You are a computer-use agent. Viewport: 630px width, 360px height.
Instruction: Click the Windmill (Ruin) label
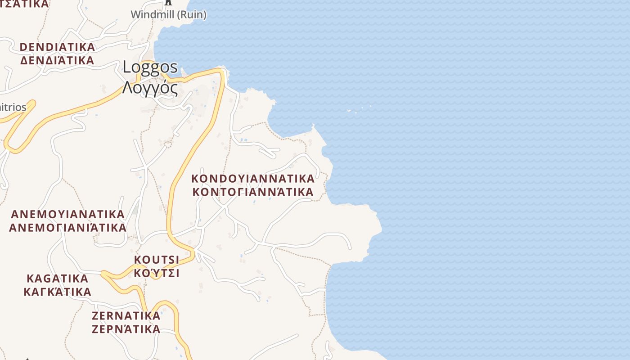168,14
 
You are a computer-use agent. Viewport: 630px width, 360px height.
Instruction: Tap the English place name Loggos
150,67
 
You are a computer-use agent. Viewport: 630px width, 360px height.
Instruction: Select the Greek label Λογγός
150,88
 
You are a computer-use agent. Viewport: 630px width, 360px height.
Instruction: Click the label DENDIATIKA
58,47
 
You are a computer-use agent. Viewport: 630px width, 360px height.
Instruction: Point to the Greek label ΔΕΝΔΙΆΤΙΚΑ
58,60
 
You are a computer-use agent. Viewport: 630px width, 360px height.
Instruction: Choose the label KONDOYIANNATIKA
253,178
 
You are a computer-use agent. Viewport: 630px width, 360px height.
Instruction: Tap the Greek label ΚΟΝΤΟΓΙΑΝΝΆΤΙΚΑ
253,192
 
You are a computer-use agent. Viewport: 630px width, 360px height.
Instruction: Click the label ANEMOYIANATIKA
67,214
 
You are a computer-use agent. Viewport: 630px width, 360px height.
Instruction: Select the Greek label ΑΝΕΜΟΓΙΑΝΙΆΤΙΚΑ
67,227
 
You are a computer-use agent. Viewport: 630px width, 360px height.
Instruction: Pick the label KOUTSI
157,260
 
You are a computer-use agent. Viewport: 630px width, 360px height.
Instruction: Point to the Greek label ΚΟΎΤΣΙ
157,273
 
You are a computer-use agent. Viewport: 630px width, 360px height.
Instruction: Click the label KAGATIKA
57,278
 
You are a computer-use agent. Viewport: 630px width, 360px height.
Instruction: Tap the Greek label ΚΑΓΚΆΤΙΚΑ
57,292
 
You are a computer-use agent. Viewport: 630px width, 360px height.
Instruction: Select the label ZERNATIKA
126,315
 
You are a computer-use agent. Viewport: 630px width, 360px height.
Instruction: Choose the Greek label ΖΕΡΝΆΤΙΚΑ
126,329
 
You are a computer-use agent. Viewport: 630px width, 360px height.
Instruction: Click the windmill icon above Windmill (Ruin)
168,2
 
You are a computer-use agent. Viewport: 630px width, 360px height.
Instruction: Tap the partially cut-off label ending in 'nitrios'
13,108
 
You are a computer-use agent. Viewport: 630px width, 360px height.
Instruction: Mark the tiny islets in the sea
359,109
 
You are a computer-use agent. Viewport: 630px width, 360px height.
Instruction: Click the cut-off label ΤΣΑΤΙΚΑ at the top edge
25,4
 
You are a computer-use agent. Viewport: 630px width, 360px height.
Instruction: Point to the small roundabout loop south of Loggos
168,144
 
